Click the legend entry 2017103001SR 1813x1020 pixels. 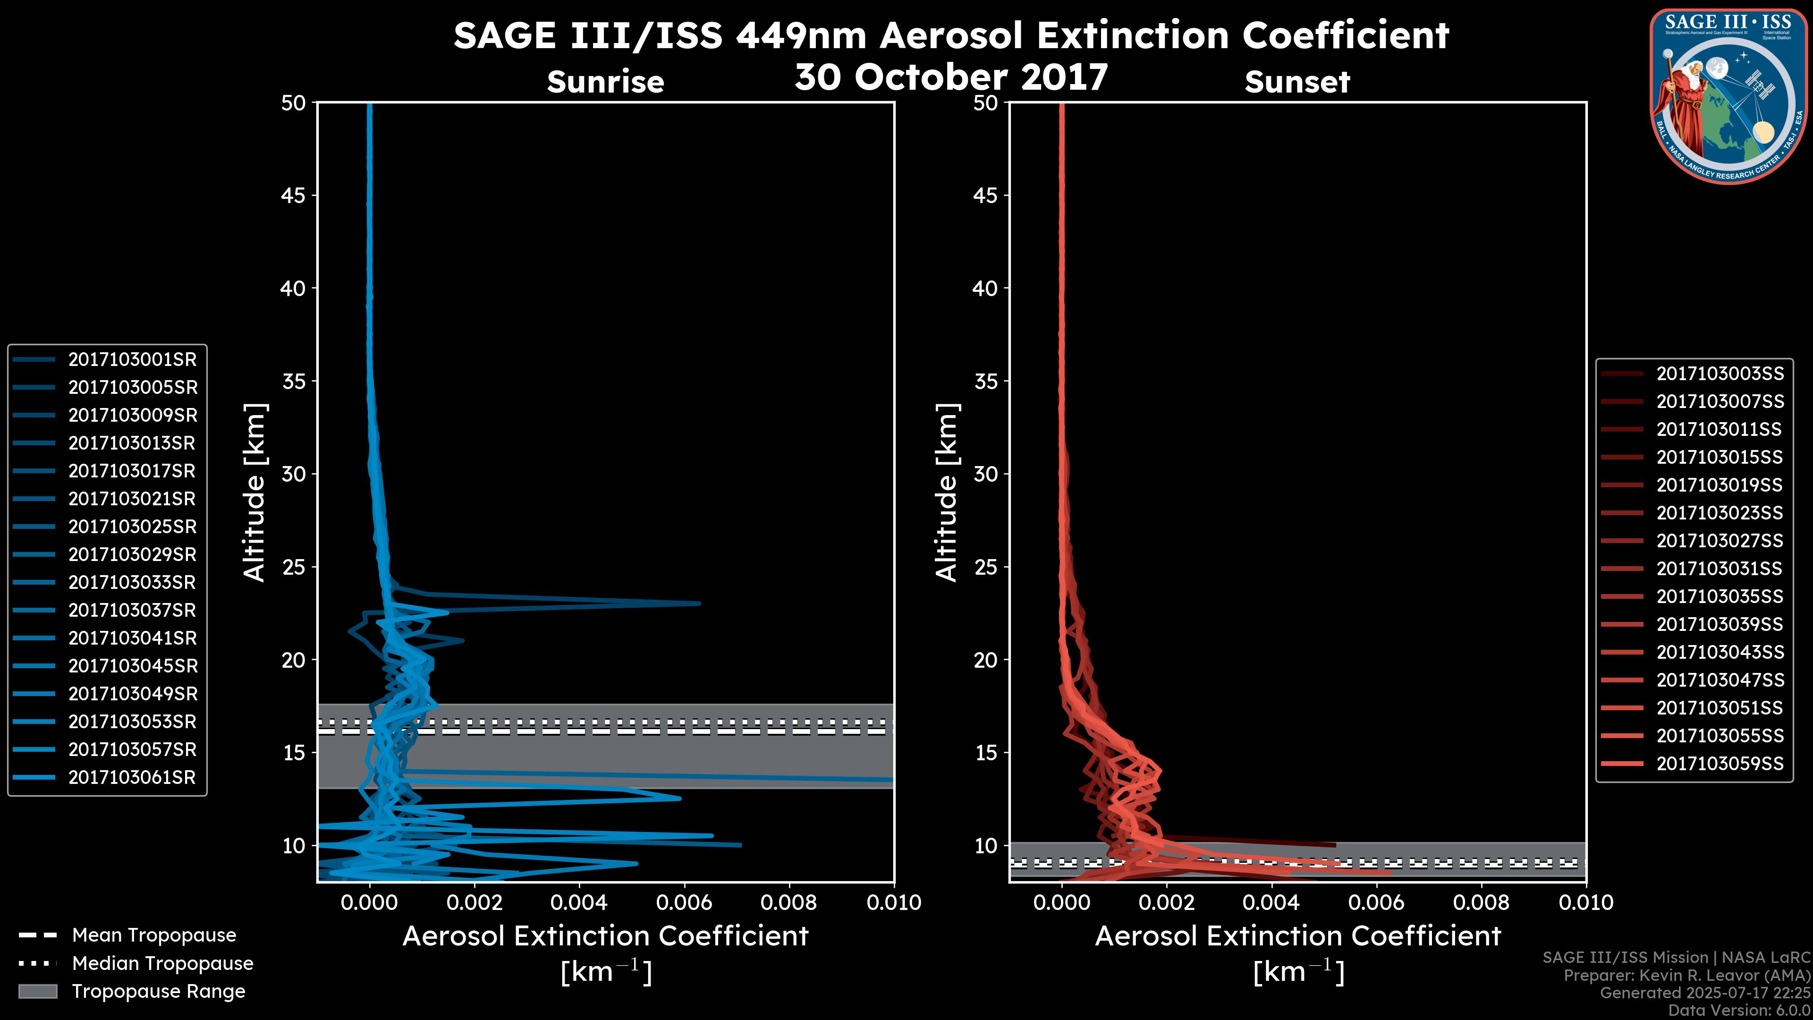[x=132, y=360]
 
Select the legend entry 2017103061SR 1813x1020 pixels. [x=132, y=778]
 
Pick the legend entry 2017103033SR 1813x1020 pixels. [x=132, y=583]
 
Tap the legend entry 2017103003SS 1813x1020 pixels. [x=1720, y=374]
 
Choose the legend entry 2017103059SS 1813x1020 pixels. [x=1720, y=764]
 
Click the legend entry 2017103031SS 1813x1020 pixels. [x=1720, y=569]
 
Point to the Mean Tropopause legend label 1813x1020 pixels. [x=154, y=935]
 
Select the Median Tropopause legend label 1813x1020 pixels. [x=162, y=964]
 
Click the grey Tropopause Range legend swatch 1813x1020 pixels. [x=37, y=992]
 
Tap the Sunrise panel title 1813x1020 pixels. [x=605, y=82]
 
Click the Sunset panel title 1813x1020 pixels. [x=1297, y=82]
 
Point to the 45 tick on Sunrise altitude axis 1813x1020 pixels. [x=294, y=195]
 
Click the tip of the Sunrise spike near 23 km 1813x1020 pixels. [x=699, y=603]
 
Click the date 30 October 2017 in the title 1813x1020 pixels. [x=951, y=77]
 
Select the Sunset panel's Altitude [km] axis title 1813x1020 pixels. [x=947, y=493]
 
